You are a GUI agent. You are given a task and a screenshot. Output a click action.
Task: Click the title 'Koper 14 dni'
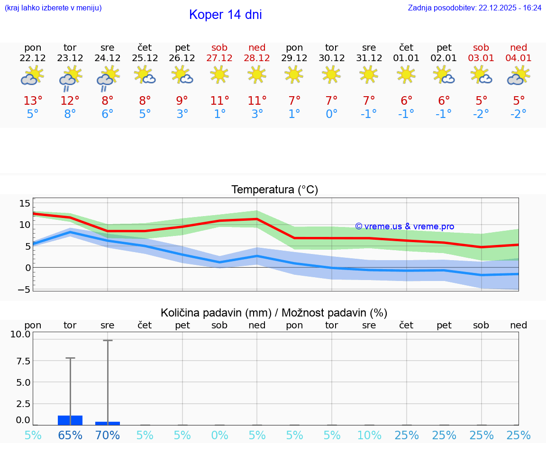[x=225, y=15]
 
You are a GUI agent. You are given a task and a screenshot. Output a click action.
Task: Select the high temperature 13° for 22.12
[x=33, y=101]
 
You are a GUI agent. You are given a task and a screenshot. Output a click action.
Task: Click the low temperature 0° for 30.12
[x=331, y=114]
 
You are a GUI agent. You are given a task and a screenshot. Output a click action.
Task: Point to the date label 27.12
[x=219, y=58]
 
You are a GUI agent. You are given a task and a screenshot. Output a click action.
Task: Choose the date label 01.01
[x=406, y=58]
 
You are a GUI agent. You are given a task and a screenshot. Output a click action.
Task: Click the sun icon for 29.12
[x=294, y=74]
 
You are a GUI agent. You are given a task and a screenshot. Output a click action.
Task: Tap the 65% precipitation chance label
[x=70, y=435]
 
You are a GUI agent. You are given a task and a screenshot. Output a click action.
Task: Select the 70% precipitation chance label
[x=108, y=435]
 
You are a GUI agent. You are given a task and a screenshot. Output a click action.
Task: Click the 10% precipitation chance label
[x=369, y=435]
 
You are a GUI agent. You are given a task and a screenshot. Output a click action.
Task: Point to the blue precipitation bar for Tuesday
[x=70, y=420]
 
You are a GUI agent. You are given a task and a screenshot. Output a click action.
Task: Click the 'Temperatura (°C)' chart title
[x=274, y=190]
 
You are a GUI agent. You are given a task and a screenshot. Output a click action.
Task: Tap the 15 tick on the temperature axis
[x=25, y=203]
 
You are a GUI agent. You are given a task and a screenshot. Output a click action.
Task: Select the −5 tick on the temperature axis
[x=24, y=289]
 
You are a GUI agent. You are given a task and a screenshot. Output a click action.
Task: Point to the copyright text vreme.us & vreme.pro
[x=404, y=226]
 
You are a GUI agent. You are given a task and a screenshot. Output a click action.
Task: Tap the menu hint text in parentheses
[x=53, y=8]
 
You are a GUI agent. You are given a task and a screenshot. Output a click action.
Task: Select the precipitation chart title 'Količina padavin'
[x=274, y=313]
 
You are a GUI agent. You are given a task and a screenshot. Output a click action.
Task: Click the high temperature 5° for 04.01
[x=519, y=101]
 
